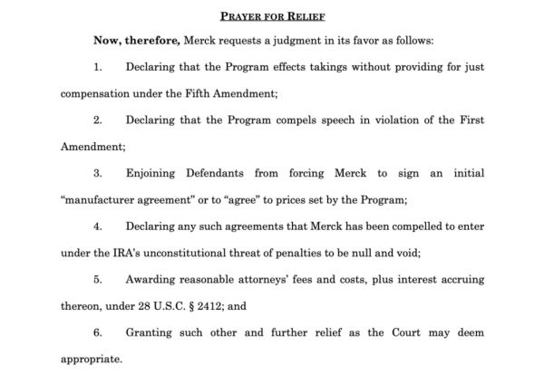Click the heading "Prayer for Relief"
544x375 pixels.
pos(271,15)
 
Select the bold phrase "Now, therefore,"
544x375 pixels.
pos(136,42)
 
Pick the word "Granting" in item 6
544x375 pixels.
pos(155,332)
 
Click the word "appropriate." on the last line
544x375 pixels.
pos(91,359)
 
